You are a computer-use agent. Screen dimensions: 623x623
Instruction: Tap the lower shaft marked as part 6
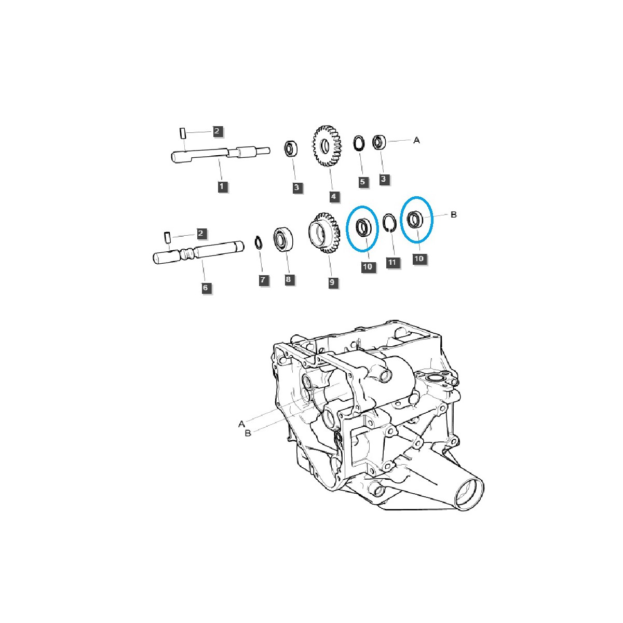pyautogui.click(x=197, y=255)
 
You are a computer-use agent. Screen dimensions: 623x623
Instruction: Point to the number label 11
pyautogui.click(x=392, y=262)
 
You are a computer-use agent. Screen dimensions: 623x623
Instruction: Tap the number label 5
pyautogui.click(x=363, y=182)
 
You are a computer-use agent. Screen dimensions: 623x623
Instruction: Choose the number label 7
pyautogui.click(x=263, y=280)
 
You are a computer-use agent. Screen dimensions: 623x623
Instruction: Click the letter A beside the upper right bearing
pyautogui.click(x=416, y=140)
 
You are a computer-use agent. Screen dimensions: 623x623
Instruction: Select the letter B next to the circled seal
pyautogui.click(x=453, y=214)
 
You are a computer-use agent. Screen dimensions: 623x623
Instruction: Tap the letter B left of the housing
pyautogui.click(x=248, y=434)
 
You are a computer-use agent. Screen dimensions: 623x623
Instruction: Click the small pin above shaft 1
pyautogui.click(x=183, y=132)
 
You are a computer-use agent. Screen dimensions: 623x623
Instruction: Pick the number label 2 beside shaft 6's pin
pyautogui.click(x=201, y=234)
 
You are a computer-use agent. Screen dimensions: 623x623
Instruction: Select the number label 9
pyautogui.click(x=332, y=283)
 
